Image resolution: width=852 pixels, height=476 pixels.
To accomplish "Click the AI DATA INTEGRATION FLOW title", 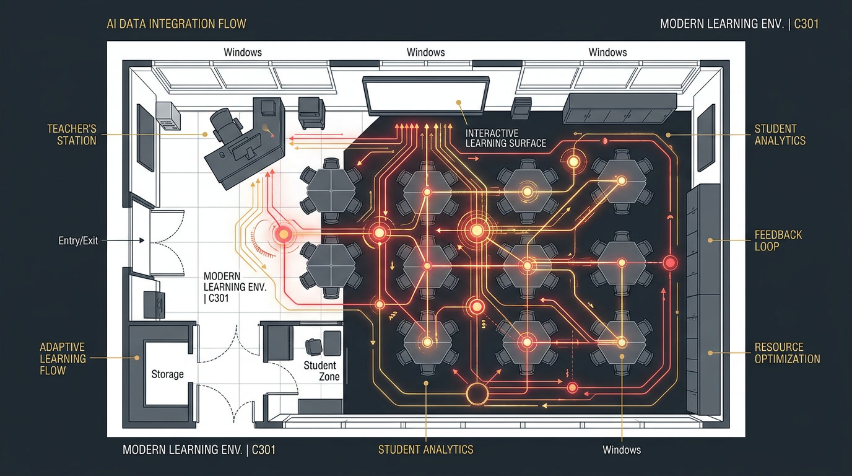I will click(x=176, y=24).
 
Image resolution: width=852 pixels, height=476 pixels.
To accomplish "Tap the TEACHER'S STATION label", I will click(x=72, y=135).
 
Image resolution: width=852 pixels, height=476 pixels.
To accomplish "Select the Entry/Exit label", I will click(x=78, y=240).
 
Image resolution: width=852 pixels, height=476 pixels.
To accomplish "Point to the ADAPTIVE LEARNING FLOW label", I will click(x=63, y=359).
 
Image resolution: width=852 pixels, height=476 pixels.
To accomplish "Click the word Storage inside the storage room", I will click(x=167, y=374).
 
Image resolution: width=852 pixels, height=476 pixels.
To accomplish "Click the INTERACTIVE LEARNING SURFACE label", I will click(x=505, y=138).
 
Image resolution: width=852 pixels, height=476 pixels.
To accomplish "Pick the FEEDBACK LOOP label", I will click(x=778, y=240).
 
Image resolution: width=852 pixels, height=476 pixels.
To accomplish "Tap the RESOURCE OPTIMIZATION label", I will click(x=787, y=353).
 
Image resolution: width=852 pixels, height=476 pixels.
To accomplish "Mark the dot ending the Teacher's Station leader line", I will click(x=204, y=134).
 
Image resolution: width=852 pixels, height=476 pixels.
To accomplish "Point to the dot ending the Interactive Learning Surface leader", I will click(x=459, y=102).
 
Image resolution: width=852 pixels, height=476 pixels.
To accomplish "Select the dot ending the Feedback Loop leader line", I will click(x=710, y=240).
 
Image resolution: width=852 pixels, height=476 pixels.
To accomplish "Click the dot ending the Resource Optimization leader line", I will click(x=710, y=353).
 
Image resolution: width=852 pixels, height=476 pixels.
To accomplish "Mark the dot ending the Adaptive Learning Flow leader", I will click(x=137, y=358).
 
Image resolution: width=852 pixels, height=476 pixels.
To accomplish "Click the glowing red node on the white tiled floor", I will click(x=284, y=234).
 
